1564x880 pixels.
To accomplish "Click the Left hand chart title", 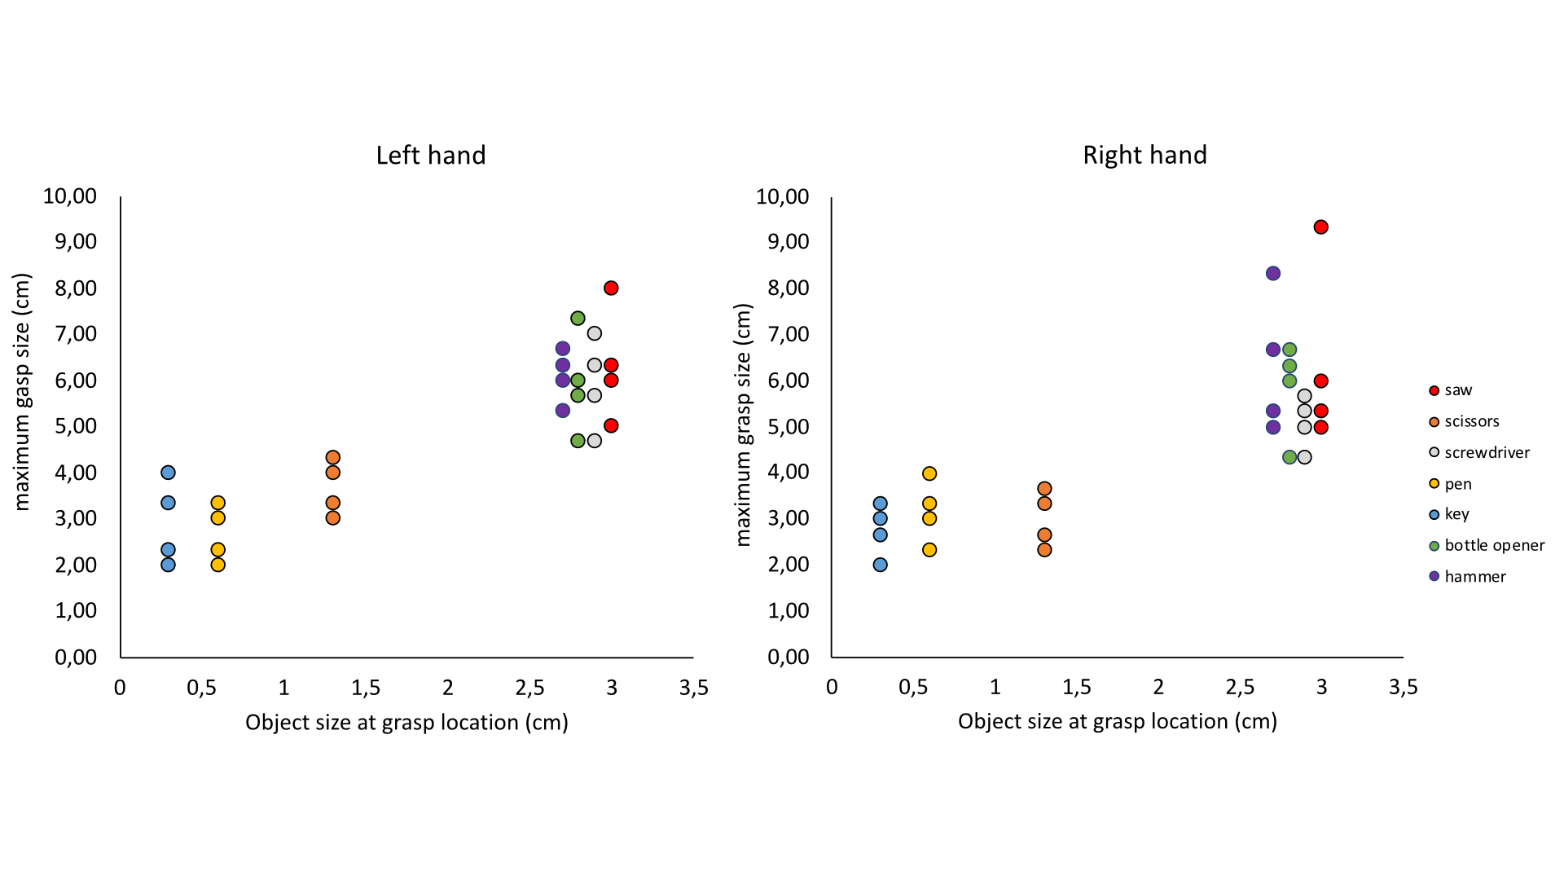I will pos(430,155).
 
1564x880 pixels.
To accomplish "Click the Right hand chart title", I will pos(1144,155).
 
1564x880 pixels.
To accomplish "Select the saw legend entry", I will pos(1457,390).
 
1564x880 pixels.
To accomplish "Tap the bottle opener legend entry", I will pos(1493,545).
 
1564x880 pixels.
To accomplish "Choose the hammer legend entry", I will pos(1474,576).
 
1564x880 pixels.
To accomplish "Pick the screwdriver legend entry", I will pos(1486,452).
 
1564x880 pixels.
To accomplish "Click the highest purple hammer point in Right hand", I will pos(1273,273).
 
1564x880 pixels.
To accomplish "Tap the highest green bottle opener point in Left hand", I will pos(578,318).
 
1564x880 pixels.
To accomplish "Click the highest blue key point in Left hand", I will pos(168,473).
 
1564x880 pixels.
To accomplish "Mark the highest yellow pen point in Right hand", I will pos(929,473).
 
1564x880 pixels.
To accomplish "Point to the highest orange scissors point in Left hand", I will pos(332,457).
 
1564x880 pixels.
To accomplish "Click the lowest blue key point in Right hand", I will pos(880,565).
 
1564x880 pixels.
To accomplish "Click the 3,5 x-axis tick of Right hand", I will pos(1403,687).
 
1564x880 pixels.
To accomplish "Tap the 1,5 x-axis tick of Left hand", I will pos(366,688).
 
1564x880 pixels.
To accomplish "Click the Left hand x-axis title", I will pos(406,722).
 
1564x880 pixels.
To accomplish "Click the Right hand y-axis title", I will pos(743,425).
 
